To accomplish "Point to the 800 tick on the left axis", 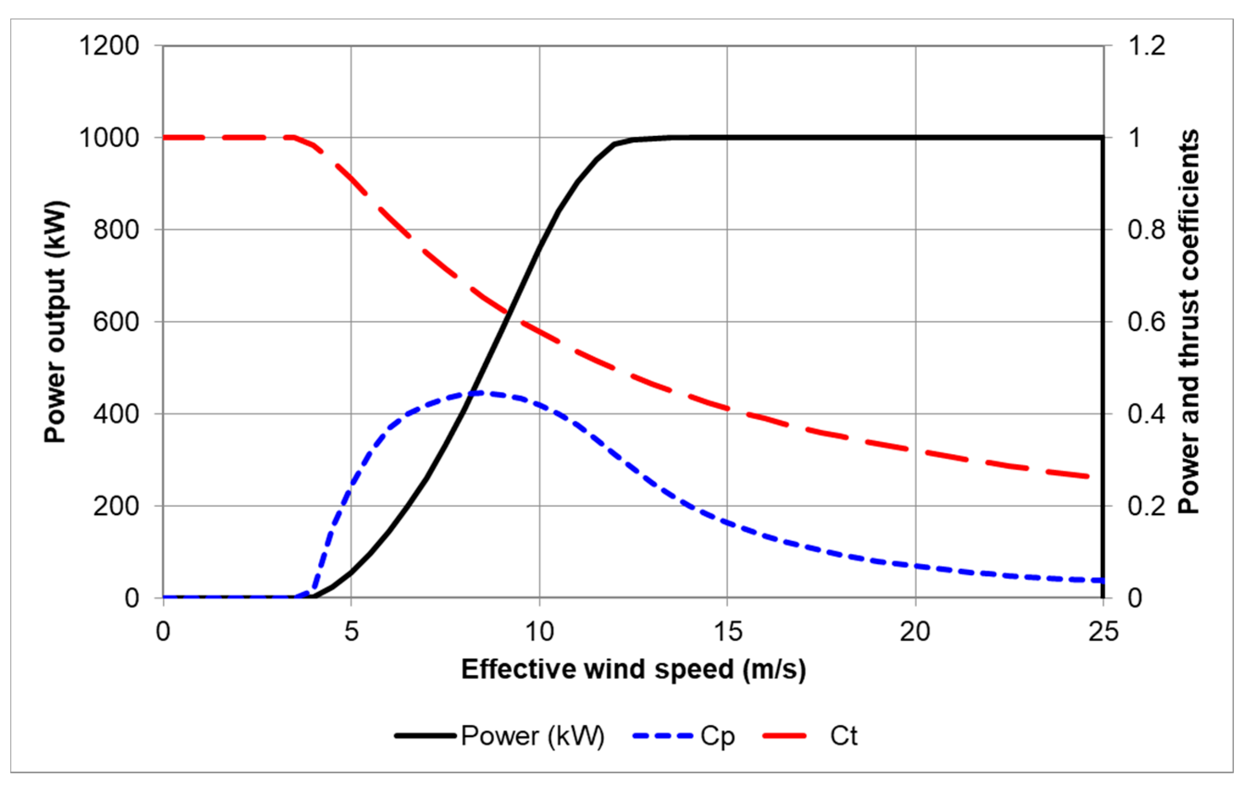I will tap(117, 230).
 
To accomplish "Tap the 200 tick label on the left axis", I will tap(117, 506).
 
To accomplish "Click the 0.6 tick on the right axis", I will tap(1147, 322).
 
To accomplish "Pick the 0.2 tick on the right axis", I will tap(1147, 506).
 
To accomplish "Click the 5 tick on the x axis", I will tap(351, 631).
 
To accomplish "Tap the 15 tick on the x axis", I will tap(728, 631).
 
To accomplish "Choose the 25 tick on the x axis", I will tap(1104, 631).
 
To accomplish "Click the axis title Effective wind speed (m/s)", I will tap(633, 669).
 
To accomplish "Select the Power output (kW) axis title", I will tap(56, 322).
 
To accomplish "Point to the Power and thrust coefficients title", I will tap(1188, 322).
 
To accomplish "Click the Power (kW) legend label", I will tap(533, 736).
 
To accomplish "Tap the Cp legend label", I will tap(717, 736).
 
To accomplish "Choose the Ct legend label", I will tap(843, 736).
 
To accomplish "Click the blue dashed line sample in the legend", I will tap(663, 736).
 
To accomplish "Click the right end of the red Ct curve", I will tap(1088, 477).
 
